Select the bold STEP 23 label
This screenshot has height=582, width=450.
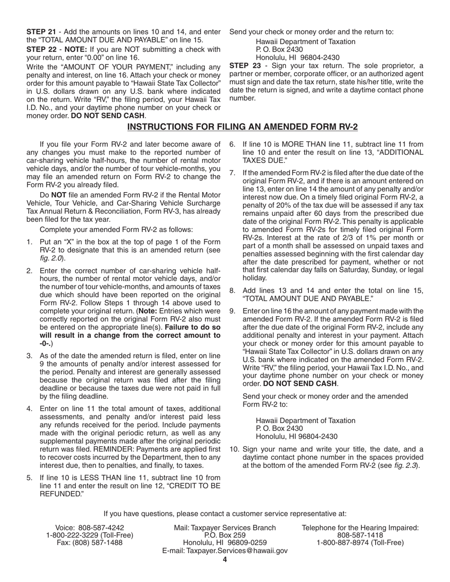coord(244,65)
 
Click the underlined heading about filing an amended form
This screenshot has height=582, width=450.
coord(243,127)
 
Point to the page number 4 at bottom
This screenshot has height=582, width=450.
coord(225,560)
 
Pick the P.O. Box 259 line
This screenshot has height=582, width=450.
coord(225,535)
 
